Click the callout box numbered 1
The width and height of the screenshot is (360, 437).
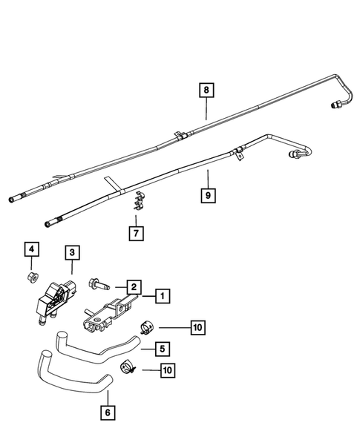pyautogui.click(x=161, y=297)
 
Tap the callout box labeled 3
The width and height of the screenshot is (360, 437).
pyautogui.click(x=71, y=254)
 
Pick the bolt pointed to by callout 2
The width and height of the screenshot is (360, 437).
pyautogui.click(x=99, y=286)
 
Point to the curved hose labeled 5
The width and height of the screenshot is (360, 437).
pyautogui.click(x=96, y=344)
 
